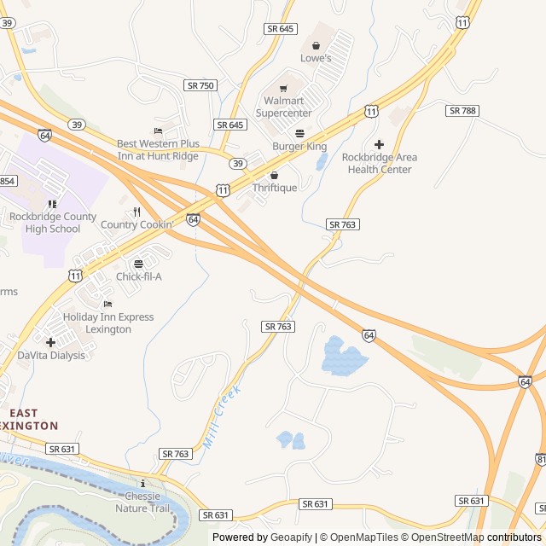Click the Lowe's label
[316, 58]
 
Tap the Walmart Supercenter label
[284, 107]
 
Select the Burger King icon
[299, 133]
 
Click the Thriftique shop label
[275, 188]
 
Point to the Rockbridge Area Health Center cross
[379, 144]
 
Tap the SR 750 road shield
[200, 85]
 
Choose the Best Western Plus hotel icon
[158, 131]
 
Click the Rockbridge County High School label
[53, 223]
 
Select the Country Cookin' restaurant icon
[136, 212]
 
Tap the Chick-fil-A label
[139, 276]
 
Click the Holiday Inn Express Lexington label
[108, 322]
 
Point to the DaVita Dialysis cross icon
[51, 342]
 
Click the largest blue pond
[344, 357]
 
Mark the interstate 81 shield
[540, 460]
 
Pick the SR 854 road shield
[7, 181]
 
